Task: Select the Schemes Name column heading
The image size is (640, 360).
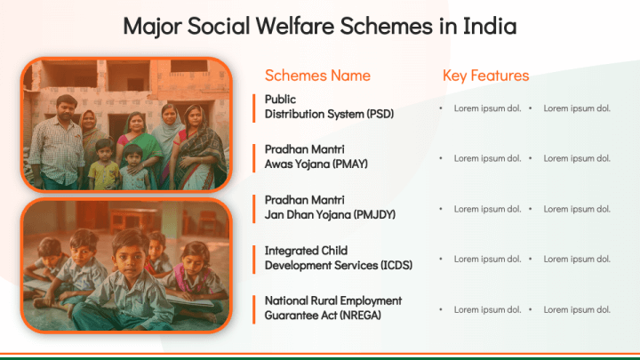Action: point(317,76)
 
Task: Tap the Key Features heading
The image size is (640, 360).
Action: point(485,76)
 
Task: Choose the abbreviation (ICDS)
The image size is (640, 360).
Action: point(396,265)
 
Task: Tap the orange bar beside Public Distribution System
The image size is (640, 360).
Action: point(254,108)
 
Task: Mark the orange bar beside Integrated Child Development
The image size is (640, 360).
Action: point(254,260)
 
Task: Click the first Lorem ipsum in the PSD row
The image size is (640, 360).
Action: point(487,108)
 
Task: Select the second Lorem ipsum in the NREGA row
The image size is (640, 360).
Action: point(577,309)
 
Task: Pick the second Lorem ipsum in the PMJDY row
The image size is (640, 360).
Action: point(577,209)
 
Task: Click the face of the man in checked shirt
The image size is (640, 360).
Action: point(66,108)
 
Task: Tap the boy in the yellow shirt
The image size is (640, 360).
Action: point(104,164)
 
